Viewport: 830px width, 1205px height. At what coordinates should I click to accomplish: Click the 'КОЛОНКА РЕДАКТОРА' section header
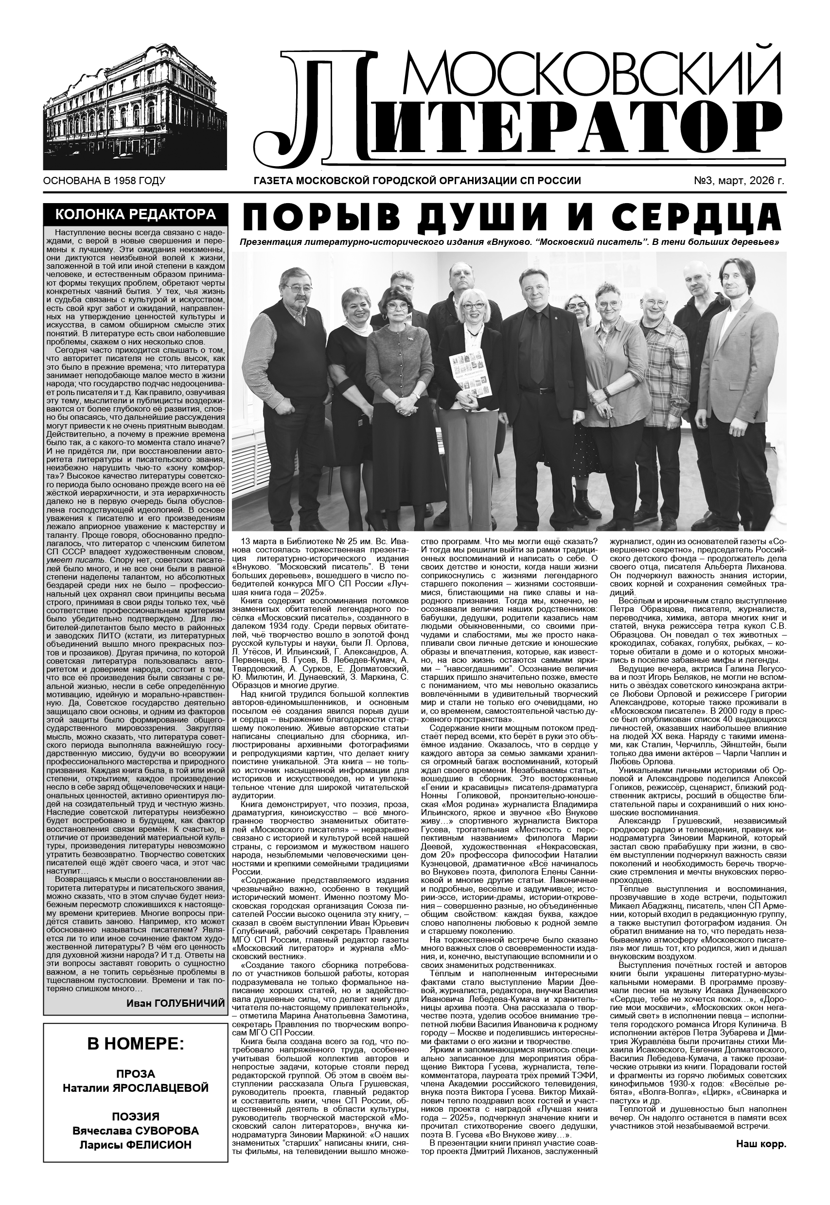[135, 215]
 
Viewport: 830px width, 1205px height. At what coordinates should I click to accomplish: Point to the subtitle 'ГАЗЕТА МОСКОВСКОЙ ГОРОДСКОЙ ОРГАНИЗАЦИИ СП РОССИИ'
[417, 181]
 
